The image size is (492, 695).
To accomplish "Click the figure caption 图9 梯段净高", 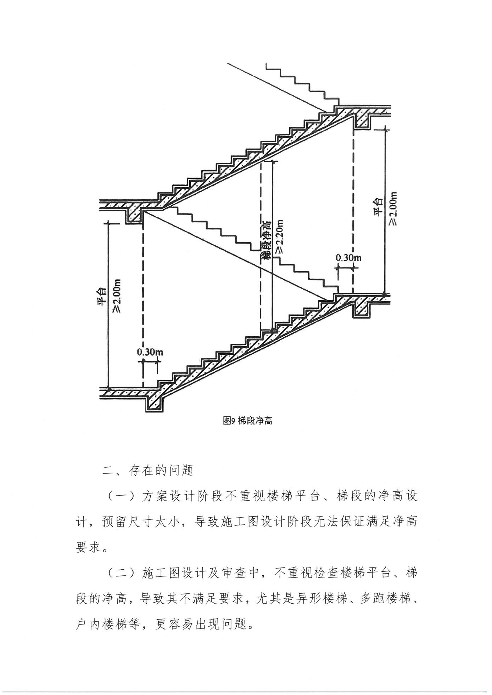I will click(x=247, y=420).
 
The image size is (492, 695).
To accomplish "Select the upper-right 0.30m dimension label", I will click(x=348, y=258).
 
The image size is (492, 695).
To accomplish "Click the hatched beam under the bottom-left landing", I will click(x=155, y=402).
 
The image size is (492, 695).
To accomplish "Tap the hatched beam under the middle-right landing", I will click(x=362, y=307).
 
